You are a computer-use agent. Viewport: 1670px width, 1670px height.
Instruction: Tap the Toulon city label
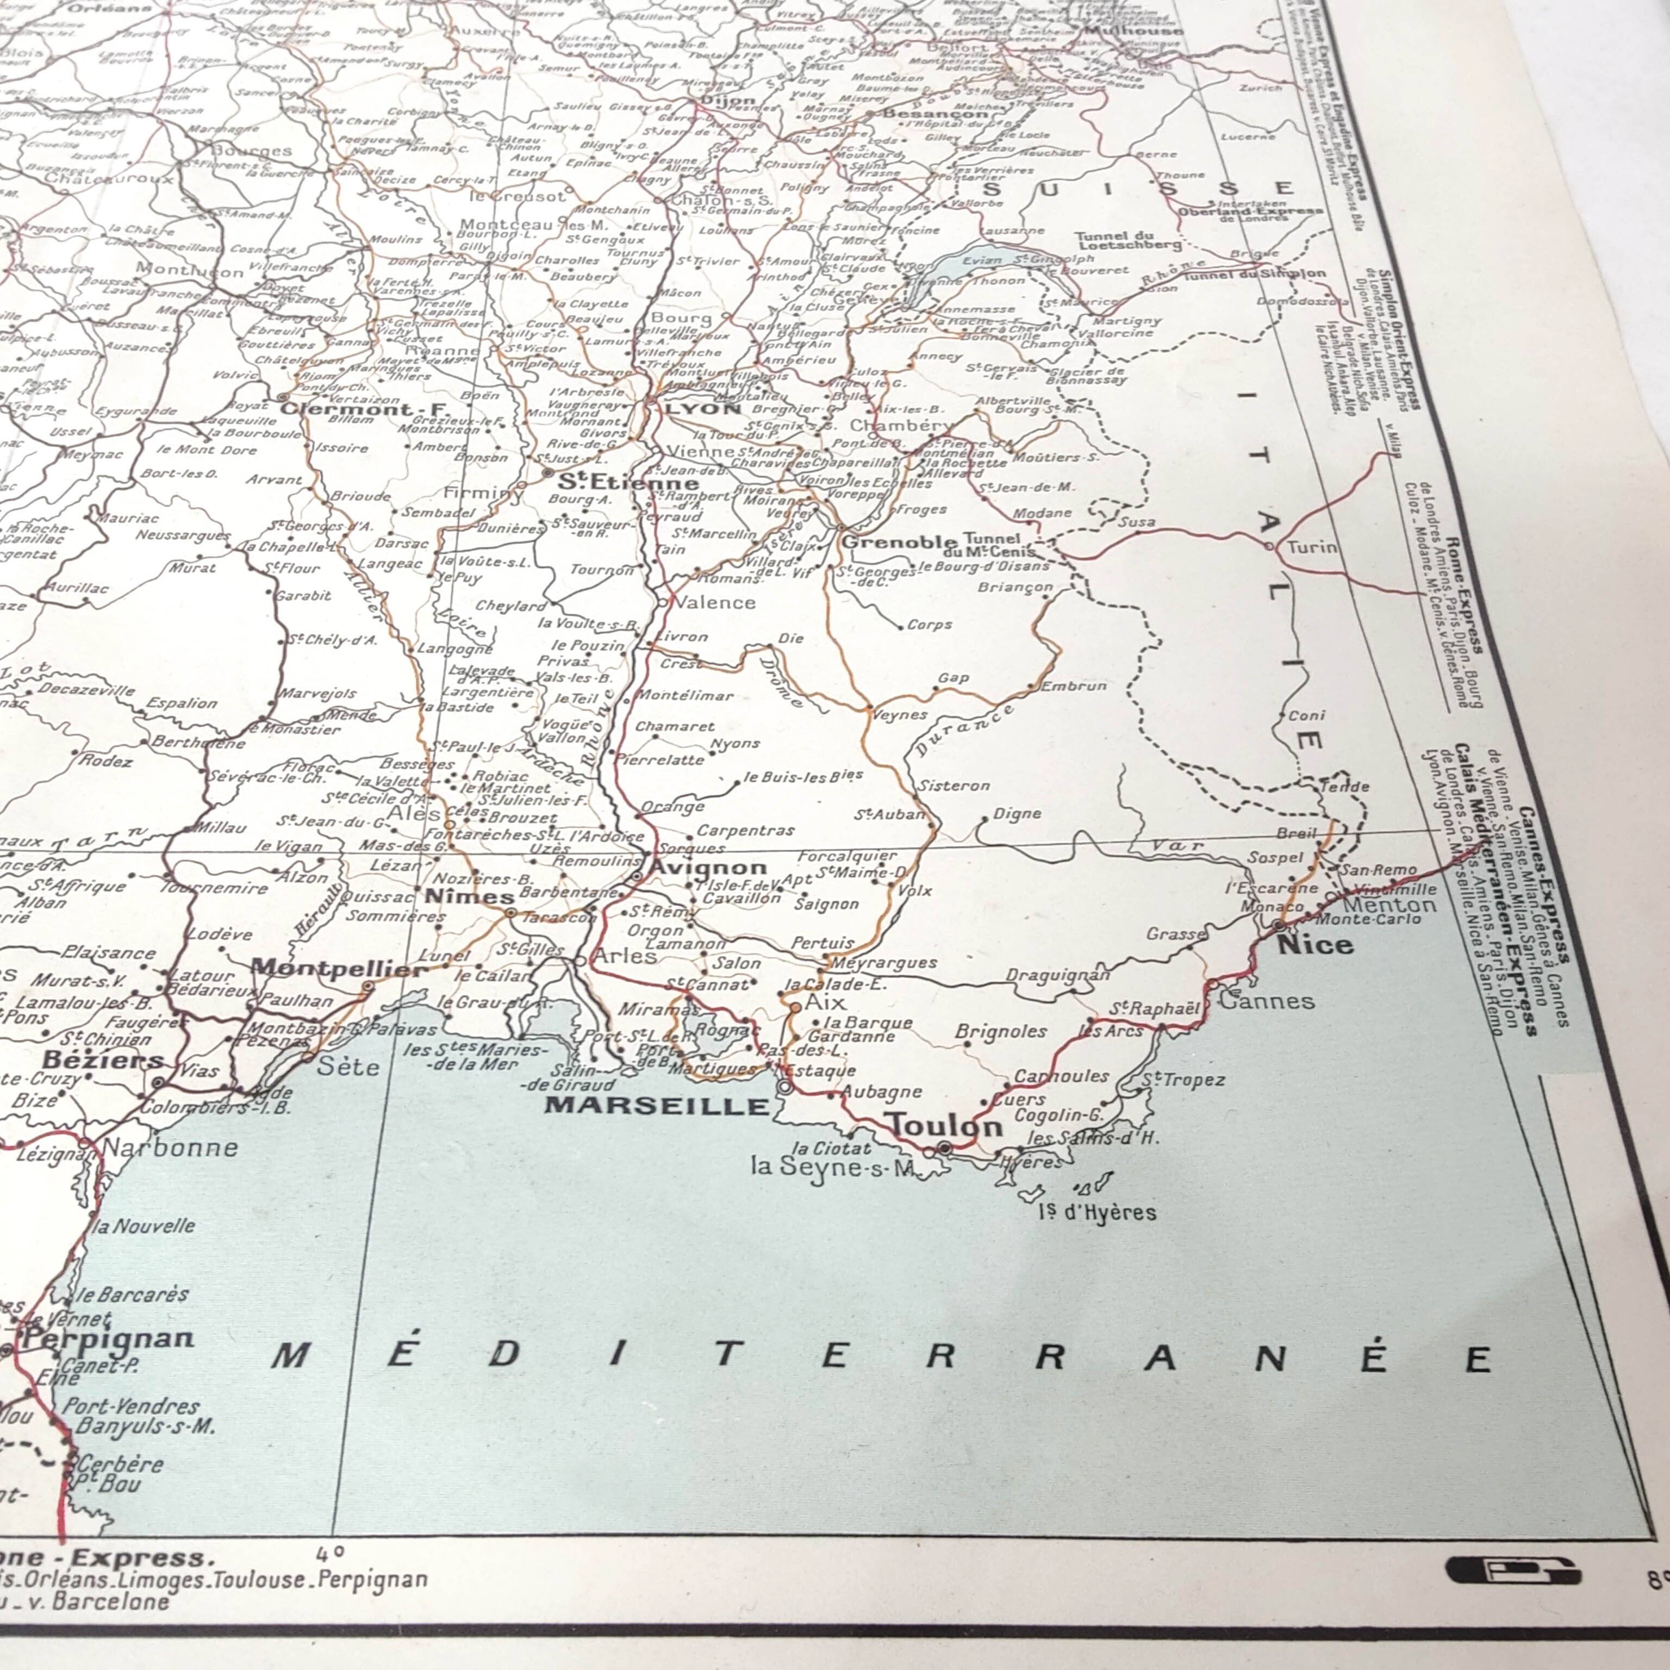click(x=946, y=1125)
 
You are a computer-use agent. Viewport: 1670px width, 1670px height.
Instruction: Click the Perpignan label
click(x=108, y=1339)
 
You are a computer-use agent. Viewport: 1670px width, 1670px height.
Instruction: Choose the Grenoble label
click(x=899, y=542)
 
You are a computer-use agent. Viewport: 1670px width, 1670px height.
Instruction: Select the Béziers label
click(x=103, y=1059)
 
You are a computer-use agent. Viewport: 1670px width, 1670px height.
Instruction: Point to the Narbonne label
click(x=170, y=1147)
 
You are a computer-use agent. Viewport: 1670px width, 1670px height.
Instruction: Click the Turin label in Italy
click(x=1311, y=547)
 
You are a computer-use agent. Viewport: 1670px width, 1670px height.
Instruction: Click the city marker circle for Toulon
click(x=944, y=1147)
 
